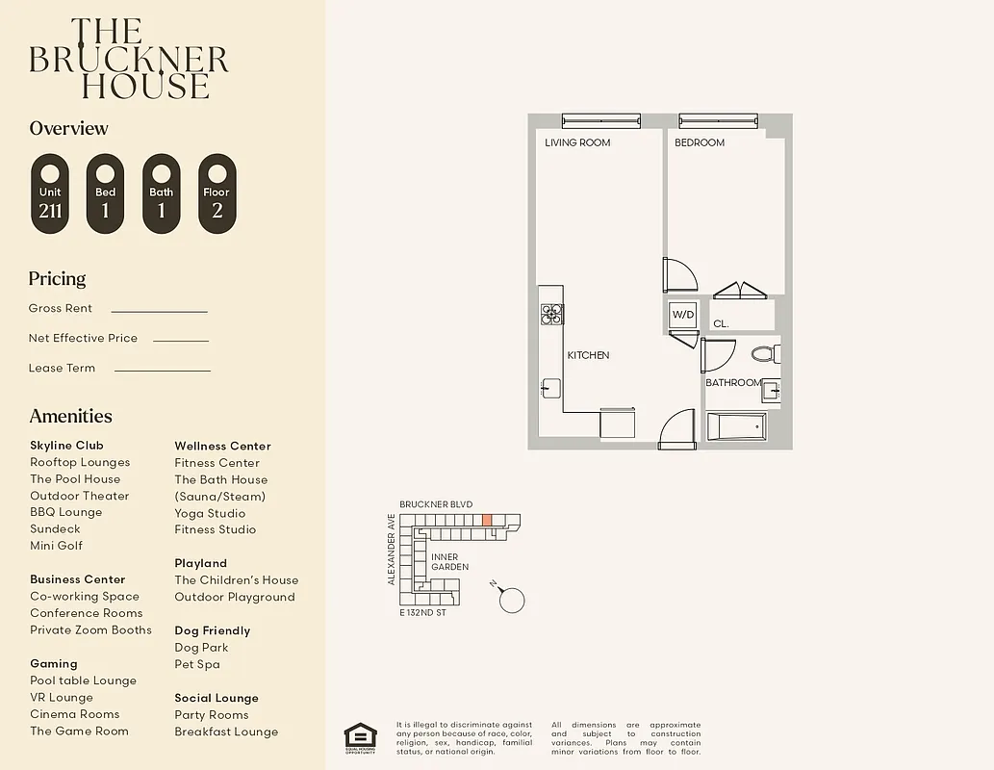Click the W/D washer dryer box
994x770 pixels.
(682, 315)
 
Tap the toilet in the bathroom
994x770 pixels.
(765, 354)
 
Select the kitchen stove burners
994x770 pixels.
(551, 313)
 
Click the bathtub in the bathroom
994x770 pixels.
(737, 425)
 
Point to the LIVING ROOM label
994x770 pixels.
(577, 142)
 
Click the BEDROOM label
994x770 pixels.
(700, 142)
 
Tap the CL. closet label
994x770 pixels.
(721, 324)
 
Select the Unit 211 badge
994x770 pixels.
(50, 193)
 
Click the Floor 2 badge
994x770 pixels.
(217, 193)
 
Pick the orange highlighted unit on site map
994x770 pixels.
(487, 520)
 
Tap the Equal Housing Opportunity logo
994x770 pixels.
(360, 737)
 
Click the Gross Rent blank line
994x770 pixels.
(159, 312)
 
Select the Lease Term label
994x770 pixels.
(62, 368)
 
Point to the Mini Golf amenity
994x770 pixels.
(56, 546)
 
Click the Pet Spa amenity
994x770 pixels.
(197, 664)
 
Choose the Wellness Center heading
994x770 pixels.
(222, 446)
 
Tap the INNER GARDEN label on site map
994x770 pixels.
(449, 562)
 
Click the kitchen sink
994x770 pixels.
(550, 388)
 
